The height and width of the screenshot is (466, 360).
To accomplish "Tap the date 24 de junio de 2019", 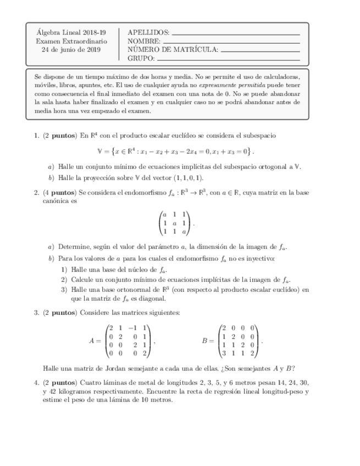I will pyautogui.click(x=71, y=49).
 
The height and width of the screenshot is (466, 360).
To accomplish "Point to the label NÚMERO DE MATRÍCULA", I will pyautogui.click(x=173, y=49).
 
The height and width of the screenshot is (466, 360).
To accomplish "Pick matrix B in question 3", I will pyautogui.click(x=240, y=341).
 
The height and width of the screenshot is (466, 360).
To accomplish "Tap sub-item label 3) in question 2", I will pyautogui.click(x=64, y=290).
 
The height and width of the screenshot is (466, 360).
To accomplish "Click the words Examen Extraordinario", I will pyautogui.click(x=71, y=41).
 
